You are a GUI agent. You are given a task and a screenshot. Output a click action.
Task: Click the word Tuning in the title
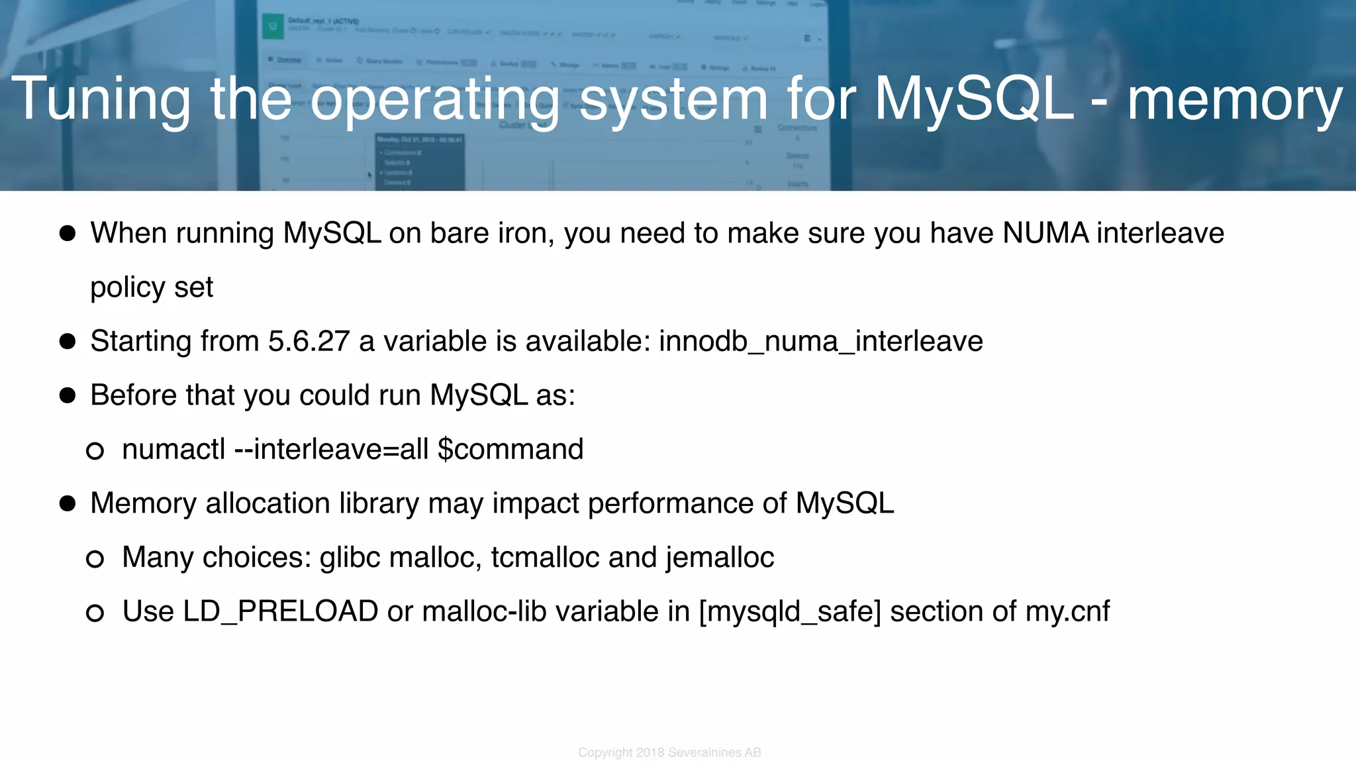click(101, 99)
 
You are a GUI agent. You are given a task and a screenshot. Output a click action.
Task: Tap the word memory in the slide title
click(1234, 99)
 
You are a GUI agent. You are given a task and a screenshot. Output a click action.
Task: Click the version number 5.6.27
click(308, 341)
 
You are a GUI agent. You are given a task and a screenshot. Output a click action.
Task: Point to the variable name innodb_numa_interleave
click(820, 341)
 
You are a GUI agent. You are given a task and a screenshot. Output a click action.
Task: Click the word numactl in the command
click(173, 449)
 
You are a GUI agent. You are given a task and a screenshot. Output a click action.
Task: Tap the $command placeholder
click(510, 449)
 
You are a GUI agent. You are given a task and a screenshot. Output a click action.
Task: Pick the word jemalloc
click(720, 557)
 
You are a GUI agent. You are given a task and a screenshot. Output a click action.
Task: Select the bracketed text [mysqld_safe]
click(790, 611)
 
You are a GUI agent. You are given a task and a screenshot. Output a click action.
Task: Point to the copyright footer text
click(669, 752)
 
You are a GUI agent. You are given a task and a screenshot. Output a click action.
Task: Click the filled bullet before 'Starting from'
click(68, 341)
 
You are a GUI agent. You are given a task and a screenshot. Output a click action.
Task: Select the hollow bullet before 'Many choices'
click(95, 559)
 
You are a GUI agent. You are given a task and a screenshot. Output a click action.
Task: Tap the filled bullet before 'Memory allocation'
click(68, 503)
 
